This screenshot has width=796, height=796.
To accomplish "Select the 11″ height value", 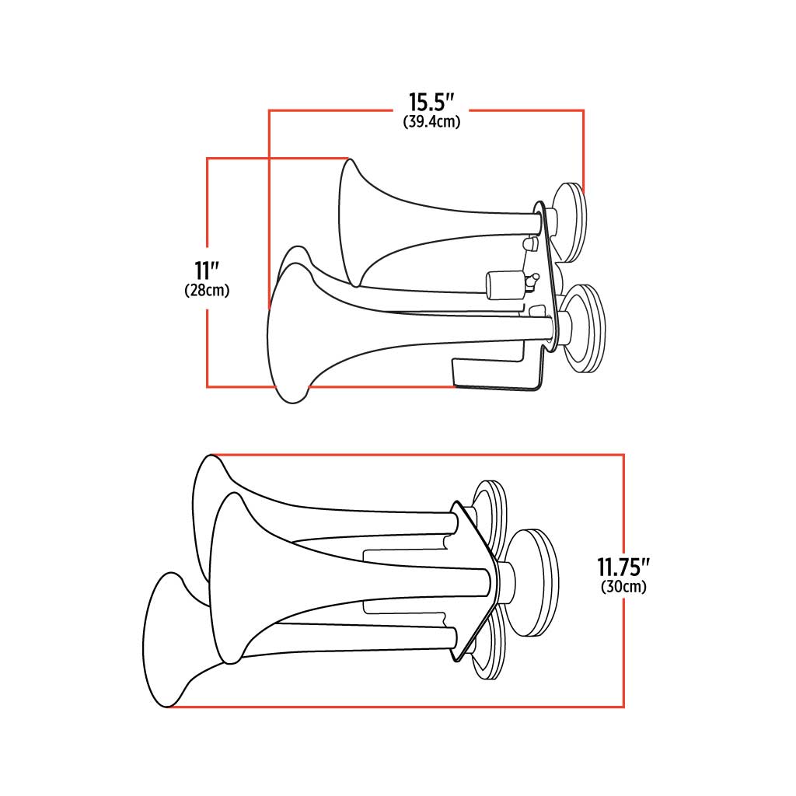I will [206, 271].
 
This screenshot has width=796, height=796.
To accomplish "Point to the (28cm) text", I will [207, 291].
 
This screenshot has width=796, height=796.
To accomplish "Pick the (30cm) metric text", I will [623, 587].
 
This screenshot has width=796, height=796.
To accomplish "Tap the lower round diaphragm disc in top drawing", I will [585, 329].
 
